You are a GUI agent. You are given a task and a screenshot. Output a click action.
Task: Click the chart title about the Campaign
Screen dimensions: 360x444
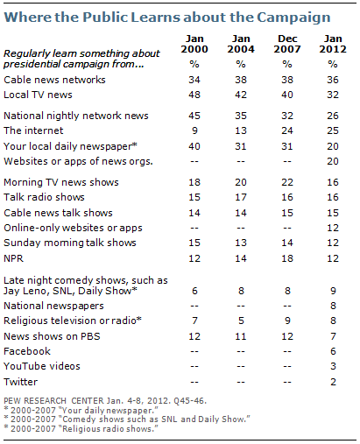pos(167,18)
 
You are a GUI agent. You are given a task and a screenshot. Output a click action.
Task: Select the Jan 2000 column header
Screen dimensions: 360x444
pos(194,44)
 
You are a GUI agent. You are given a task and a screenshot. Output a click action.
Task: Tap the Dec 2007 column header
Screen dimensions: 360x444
pos(287,44)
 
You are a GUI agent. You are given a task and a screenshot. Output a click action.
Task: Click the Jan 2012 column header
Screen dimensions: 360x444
pos(333,44)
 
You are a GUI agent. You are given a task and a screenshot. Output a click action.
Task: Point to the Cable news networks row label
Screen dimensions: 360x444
pos(54,80)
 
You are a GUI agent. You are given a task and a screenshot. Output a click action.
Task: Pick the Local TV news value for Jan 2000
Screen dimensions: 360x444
pos(194,95)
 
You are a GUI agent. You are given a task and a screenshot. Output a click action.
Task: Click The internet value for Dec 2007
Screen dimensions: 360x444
pos(287,130)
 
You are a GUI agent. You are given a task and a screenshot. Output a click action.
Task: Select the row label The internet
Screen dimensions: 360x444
pos(33,130)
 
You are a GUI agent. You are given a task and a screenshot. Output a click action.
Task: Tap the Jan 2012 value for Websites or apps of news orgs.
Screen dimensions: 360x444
pos(333,161)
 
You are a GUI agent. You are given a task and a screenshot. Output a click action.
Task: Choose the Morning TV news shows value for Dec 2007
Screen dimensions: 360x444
pos(287,182)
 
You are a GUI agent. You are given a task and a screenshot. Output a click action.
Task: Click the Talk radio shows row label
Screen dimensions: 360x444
pos(44,197)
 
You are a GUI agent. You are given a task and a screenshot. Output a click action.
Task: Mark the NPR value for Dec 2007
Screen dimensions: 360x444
pos(287,258)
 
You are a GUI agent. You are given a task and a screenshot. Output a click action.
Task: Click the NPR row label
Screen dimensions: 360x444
pos(13,258)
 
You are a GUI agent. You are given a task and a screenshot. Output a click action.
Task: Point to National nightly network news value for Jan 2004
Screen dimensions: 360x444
pos(241,116)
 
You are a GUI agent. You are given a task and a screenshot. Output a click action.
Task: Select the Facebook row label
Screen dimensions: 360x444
pos(27,351)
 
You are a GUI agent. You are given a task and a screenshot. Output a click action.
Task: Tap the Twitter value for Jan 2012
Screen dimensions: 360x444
pos(333,382)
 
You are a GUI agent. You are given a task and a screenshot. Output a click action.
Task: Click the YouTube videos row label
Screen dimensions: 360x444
pos(42,366)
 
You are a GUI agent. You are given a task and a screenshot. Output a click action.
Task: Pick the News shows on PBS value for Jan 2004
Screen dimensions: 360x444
pos(241,336)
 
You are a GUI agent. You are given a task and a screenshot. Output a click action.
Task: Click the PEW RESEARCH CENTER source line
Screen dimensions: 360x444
pos(105,401)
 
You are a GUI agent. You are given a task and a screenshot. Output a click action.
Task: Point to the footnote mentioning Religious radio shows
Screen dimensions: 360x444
pos(81,429)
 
